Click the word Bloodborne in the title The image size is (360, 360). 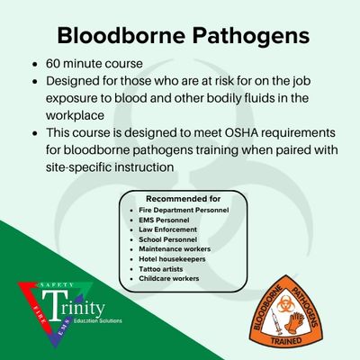pyautogui.click(x=121, y=36)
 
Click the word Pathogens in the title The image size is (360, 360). pyautogui.click(x=251, y=37)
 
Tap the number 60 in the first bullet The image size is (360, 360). pyautogui.click(x=53, y=64)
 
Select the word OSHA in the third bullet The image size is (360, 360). pyautogui.click(x=239, y=132)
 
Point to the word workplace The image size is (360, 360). pyautogui.click(x=75, y=115)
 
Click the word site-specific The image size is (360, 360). pyautogui.click(x=79, y=167)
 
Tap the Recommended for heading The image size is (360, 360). pyautogui.click(x=183, y=199)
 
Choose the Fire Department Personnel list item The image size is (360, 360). pyautogui.click(x=184, y=211)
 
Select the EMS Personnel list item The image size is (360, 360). pyautogui.click(x=164, y=220)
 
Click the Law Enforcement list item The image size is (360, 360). pyautogui.click(x=167, y=229)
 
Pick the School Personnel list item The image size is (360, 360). pyautogui.click(x=167, y=239)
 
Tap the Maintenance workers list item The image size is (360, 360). pyautogui.click(x=175, y=249)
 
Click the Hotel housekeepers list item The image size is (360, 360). pyautogui.click(x=172, y=259)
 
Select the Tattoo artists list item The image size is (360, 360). pyautogui.click(x=160, y=269)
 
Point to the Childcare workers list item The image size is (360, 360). pyautogui.click(x=168, y=278)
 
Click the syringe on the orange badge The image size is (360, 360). pyautogui.click(x=275, y=321)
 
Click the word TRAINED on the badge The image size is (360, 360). pyautogui.click(x=286, y=341)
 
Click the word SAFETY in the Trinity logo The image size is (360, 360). pyautogui.click(x=57, y=285)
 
